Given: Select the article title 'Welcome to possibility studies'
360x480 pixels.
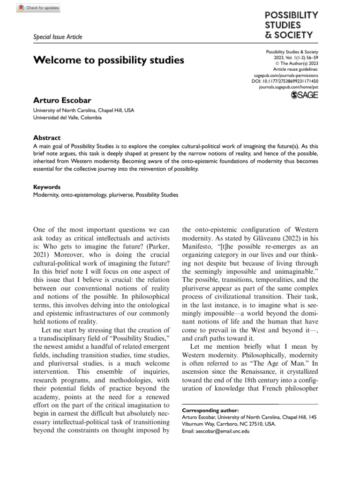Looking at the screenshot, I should (108, 60).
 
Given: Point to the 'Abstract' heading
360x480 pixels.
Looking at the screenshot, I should (46, 138).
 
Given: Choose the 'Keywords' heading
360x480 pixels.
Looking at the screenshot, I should (47, 187).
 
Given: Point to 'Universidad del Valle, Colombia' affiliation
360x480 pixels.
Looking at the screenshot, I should (67, 118).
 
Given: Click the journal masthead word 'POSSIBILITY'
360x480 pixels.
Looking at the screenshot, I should (291, 15).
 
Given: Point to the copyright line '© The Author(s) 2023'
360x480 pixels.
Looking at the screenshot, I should (294, 63).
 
